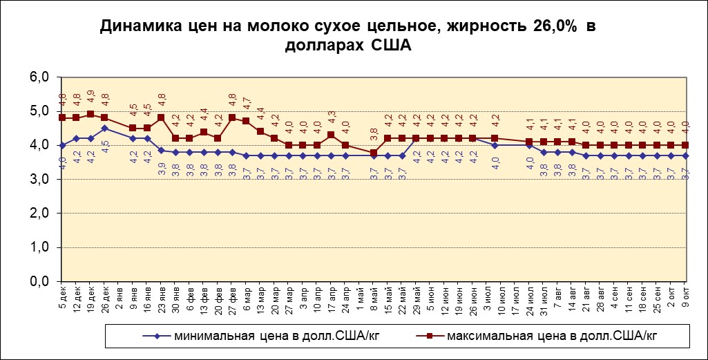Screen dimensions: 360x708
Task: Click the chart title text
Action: tap(347, 37)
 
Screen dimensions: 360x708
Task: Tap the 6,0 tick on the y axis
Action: tap(39, 77)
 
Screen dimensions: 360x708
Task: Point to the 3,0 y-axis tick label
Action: tap(39, 180)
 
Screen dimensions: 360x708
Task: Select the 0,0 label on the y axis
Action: tap(39, 282)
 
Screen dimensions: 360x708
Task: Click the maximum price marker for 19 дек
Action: tap(90, 114)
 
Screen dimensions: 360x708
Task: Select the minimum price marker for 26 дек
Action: tap(104, 128)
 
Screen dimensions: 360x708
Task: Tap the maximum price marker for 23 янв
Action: tap(161, 117)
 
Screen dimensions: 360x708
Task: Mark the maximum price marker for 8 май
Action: tap(374, 153)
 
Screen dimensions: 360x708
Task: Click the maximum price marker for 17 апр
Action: tap(331, 135)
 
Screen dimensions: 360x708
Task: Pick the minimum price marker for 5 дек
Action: tap(62, 145)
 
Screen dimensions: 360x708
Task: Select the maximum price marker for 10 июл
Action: tap(495, 138)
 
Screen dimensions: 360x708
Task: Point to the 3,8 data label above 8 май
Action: tap(374, 135)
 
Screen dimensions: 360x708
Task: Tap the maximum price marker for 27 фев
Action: tap(232, 117)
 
